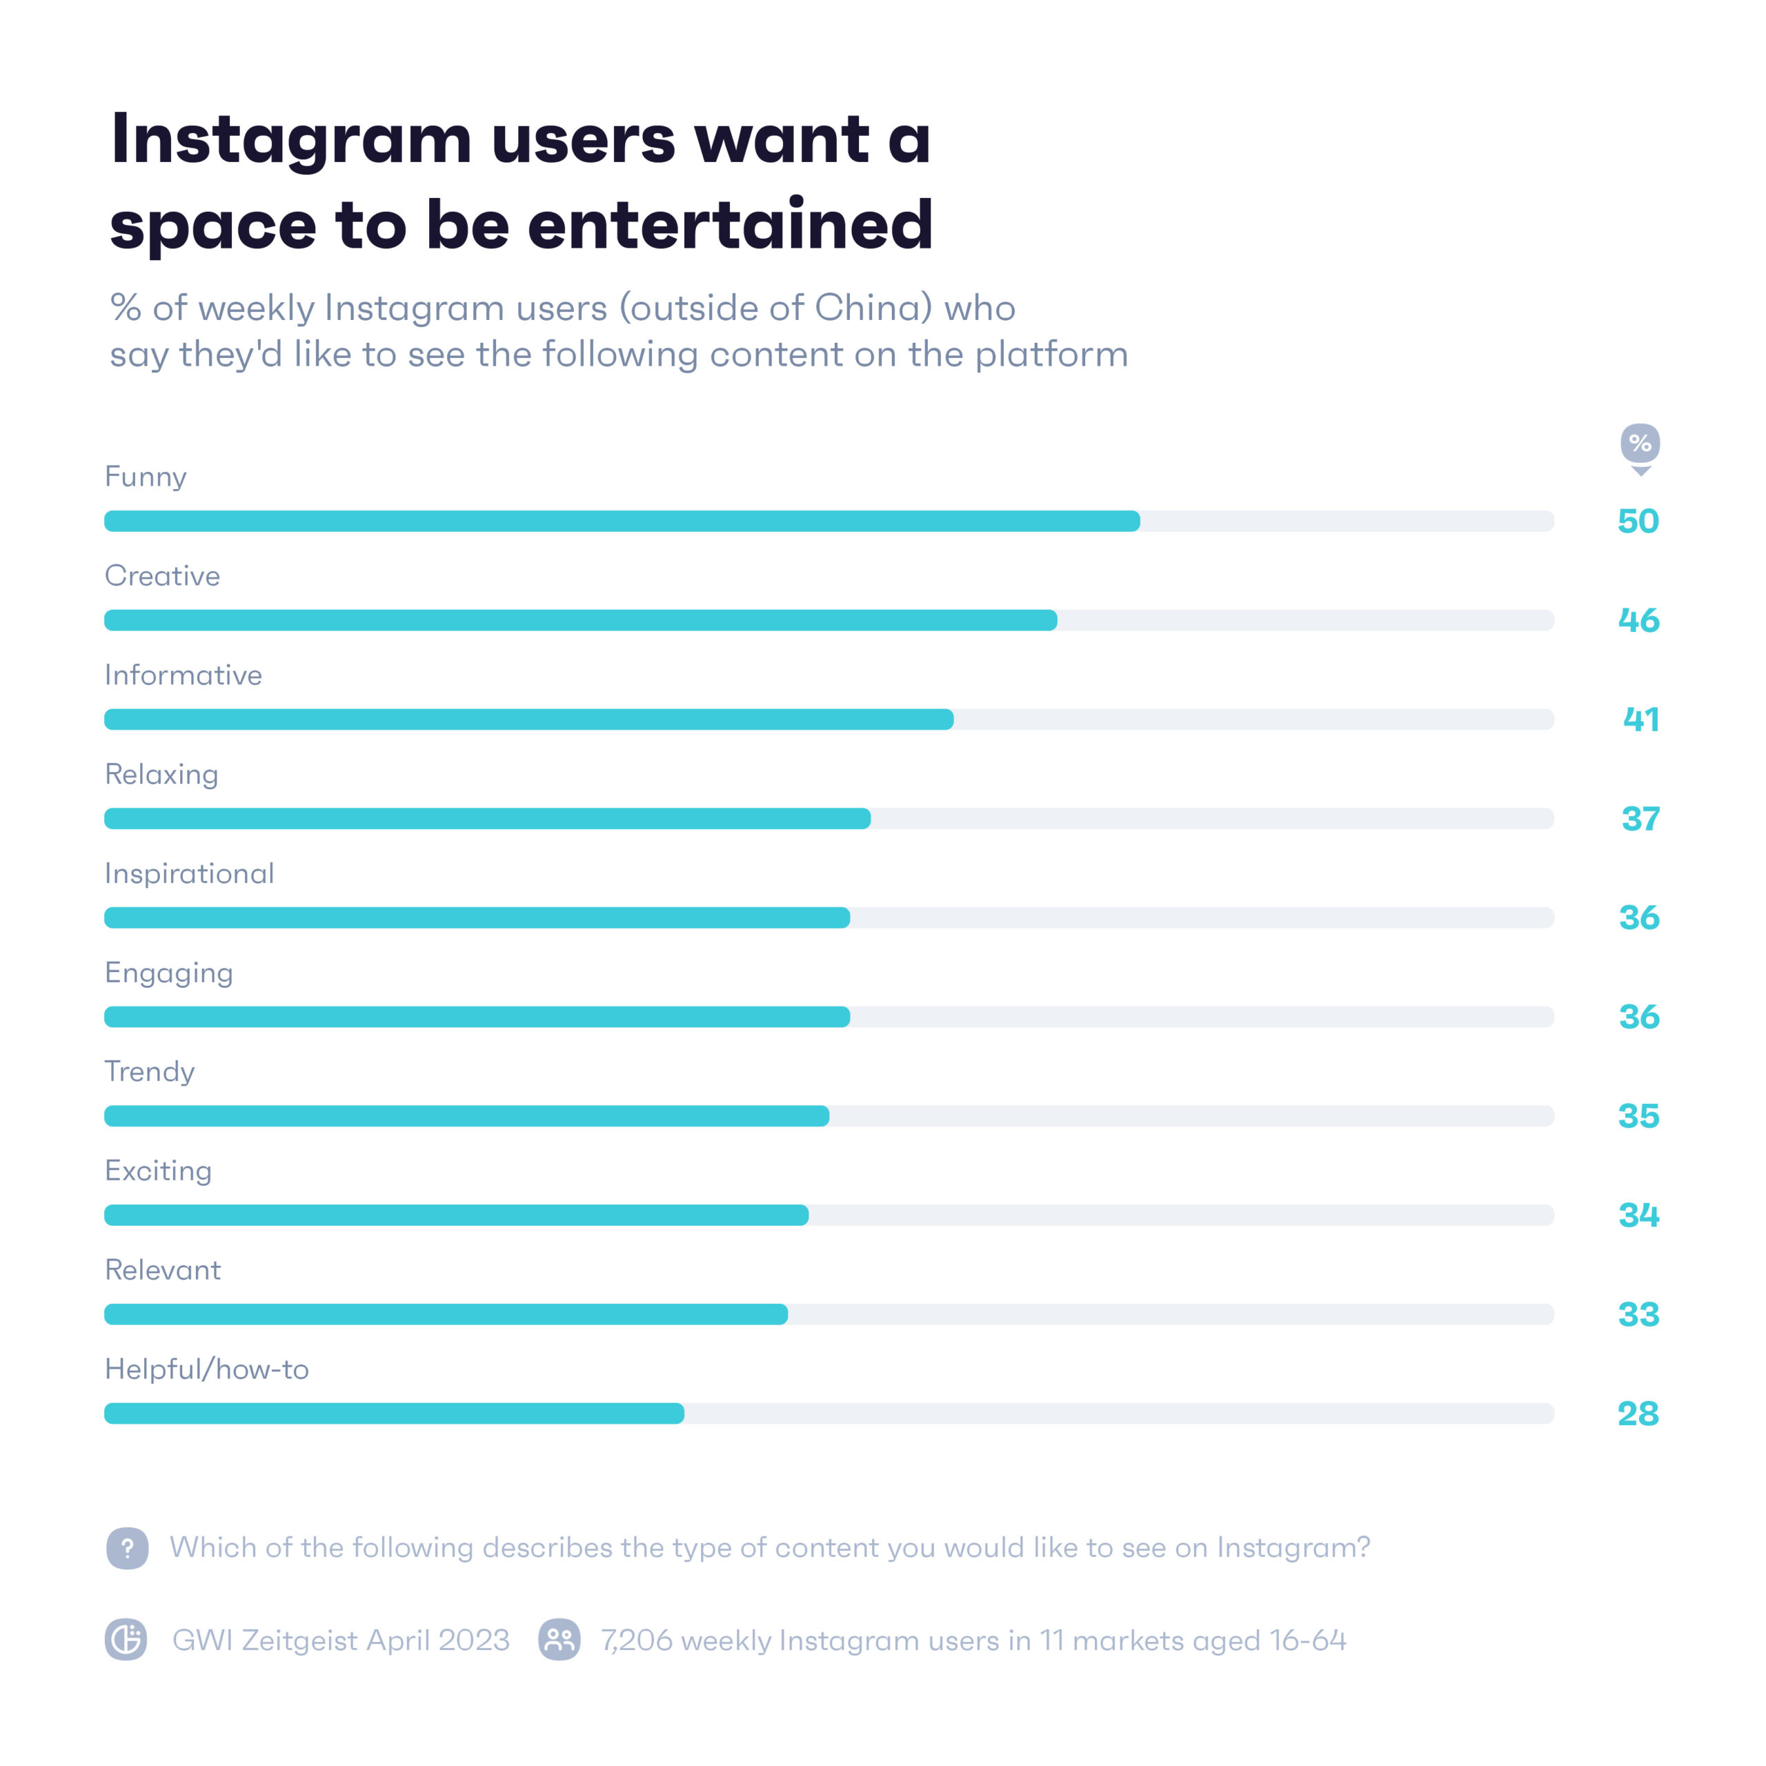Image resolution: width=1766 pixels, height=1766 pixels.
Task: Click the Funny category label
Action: [146, 477]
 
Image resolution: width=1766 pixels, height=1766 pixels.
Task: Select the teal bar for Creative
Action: [580, 621]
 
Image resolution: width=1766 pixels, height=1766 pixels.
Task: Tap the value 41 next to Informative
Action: [1640, 720]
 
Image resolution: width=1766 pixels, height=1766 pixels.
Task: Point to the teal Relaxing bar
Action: [487, 819]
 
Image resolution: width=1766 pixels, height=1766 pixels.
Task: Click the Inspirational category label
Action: [189, 874]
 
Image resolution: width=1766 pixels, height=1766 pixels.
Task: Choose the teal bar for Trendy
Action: [466, 1116]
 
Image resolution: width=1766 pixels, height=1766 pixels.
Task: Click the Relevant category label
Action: [163, 1271]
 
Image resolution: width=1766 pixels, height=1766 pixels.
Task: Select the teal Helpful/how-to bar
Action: [394, 1414]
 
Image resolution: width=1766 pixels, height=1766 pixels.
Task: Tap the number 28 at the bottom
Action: [1638, 1414]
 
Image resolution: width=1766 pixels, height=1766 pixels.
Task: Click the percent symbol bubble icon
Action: [1640, 444]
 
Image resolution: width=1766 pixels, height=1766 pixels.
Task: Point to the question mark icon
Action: [127, 1549]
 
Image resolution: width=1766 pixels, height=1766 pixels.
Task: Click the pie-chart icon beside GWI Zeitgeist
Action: [126, 1640]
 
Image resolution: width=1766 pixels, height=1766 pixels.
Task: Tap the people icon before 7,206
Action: [559, 1640]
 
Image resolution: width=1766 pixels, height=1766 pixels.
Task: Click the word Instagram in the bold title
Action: [290, 140]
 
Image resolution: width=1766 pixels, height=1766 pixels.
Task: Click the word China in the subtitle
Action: [873, 308]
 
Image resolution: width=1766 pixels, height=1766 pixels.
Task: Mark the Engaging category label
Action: [169, 973]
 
